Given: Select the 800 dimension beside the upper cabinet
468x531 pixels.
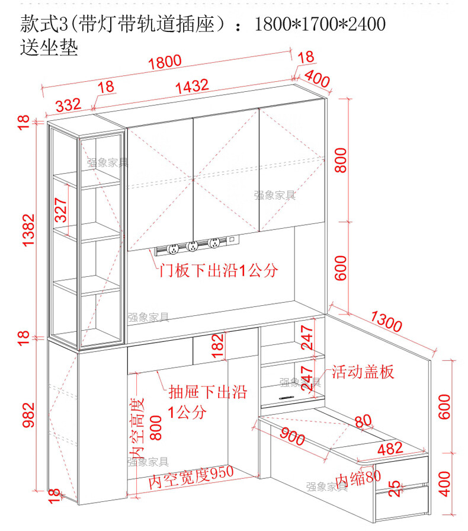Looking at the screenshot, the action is (x=341, y=159).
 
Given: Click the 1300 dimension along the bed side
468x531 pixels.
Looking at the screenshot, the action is (x=386, y=321).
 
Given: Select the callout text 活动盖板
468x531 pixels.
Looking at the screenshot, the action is (x=363, y=372).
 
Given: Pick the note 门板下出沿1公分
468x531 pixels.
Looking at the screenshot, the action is (x=219, y=271).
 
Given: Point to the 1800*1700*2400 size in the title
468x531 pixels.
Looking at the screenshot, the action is (x=320, y=24).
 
